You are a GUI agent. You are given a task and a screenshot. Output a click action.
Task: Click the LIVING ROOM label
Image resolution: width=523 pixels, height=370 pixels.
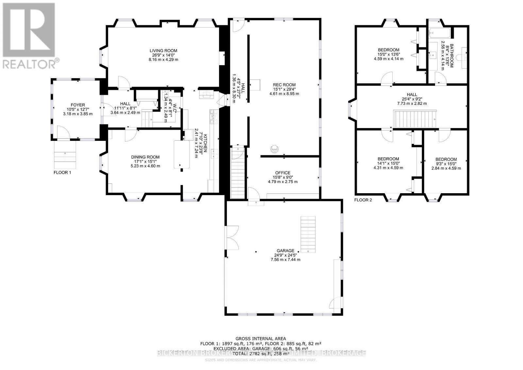163,50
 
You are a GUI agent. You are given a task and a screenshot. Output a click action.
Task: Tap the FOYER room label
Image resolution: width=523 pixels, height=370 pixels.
77,105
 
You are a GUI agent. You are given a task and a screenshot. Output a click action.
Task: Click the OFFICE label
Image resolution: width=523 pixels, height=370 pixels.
282,173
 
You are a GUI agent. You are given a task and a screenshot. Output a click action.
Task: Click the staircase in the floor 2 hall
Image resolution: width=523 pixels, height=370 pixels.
415,120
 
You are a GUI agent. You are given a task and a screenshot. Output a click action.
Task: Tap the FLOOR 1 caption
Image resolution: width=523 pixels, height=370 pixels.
62,172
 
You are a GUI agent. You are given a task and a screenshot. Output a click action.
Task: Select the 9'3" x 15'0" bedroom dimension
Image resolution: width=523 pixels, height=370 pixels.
446,164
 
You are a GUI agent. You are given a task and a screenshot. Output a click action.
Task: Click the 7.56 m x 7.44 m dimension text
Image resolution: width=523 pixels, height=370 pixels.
285,260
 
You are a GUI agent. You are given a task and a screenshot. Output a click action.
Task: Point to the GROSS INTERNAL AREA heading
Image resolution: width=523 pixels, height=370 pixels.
261,339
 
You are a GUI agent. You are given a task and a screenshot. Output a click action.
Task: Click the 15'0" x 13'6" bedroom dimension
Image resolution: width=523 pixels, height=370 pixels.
388,55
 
